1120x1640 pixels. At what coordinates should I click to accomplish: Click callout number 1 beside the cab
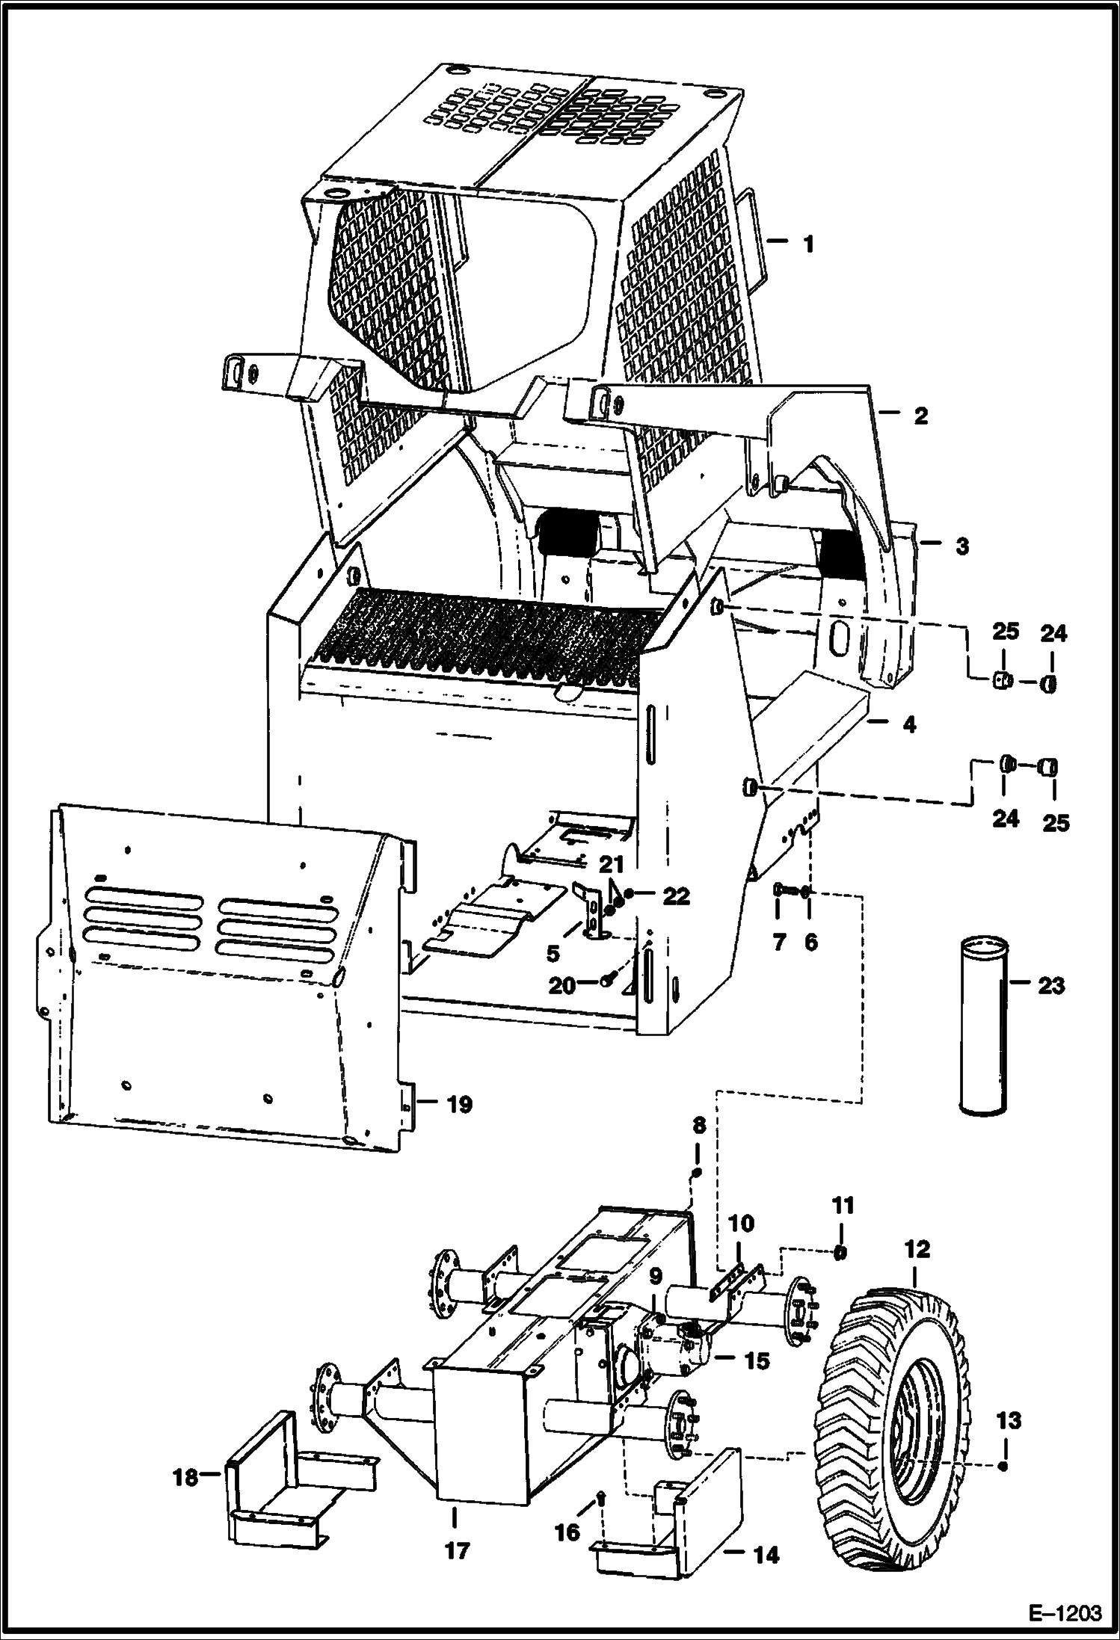pos(807,244)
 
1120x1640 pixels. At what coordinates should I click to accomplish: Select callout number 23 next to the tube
pos(1050,986)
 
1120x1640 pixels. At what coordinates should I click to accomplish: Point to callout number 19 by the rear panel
pos(460,1104)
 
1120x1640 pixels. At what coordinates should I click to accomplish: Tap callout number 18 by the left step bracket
pos(185,1477)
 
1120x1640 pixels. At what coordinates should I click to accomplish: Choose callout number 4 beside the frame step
pos(908,724)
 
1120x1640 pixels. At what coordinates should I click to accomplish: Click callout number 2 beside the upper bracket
pos(920,416)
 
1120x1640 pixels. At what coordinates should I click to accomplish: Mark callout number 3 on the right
pos(961,546)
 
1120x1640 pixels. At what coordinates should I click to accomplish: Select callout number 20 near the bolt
pos(562,986)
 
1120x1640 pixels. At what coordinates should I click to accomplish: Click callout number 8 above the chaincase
pos(698,1147)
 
